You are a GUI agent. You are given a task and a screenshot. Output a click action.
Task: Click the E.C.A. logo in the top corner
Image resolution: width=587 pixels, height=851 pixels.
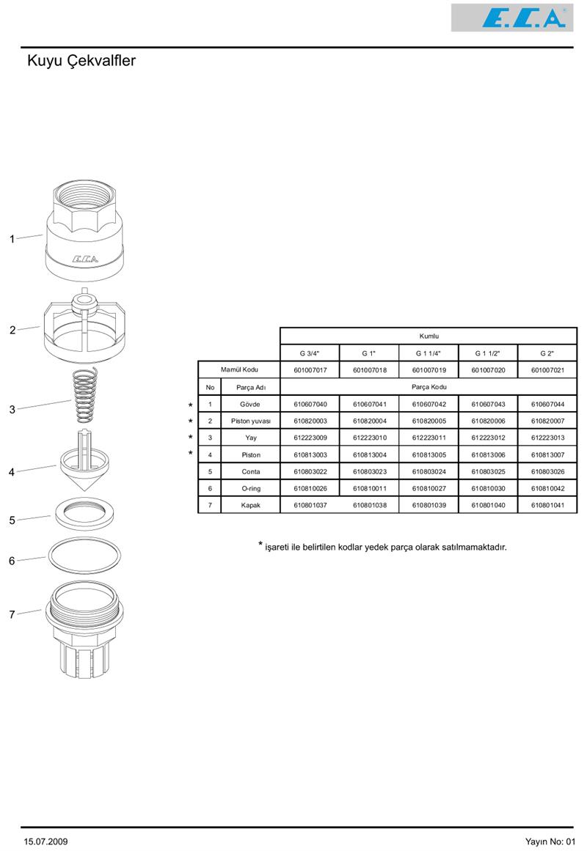coord(522,18)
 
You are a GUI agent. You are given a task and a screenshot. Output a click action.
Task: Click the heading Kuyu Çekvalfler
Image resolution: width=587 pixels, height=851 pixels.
coord(81,61)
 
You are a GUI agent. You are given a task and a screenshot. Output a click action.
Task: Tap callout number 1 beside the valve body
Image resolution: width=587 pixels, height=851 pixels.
coord(12,239)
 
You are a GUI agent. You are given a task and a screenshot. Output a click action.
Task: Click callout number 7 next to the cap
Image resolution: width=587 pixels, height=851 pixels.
coord(12,615)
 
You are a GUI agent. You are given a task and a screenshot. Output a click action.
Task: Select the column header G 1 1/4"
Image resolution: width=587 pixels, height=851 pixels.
coord(429,353)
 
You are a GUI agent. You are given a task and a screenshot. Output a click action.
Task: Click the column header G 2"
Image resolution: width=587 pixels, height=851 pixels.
coord(547,353)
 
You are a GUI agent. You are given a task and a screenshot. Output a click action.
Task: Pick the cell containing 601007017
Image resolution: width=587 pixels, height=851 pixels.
coord(310,370)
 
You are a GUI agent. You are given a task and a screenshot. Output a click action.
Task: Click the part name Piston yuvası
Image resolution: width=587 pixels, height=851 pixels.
coord(250,421)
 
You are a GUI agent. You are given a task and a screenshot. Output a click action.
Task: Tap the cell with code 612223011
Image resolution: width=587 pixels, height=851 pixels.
coord(429,438)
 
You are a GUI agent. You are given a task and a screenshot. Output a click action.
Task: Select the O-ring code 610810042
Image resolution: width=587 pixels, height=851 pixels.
coord(547,488)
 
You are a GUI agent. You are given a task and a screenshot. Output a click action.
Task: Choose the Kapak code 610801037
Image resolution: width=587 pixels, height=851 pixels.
coord(310,505)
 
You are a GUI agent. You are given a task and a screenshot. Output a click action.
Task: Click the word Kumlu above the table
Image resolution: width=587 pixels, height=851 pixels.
coord(429,336)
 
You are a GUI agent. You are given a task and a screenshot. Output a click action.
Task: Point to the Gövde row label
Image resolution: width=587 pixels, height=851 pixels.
coord(250,404)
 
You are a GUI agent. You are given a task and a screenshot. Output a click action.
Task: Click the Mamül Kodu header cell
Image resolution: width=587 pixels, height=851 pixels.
coord(239,369)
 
